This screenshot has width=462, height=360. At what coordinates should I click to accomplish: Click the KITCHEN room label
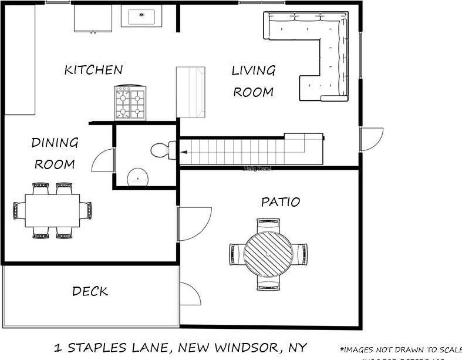[x=93, y=70]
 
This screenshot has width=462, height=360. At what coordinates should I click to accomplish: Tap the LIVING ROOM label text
[x=253, y=81]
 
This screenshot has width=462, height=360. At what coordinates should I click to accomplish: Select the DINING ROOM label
[x=55, y=153]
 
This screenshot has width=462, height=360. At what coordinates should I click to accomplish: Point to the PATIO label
[x=280, y=203]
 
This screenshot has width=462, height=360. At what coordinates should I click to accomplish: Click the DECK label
[x=90, y=291]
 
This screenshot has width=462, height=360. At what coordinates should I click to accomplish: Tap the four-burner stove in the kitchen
[x=130, y=103]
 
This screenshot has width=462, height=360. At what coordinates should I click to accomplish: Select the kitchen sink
[x=141, y=16]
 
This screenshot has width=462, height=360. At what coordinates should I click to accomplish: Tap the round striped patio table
[x=268, y=254]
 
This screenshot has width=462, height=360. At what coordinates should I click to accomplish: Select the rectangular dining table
[x=52, y=210]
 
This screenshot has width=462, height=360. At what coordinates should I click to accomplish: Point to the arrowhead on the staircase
[x=184, y=152]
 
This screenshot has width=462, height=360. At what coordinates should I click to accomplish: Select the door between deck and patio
[x=189, y=294]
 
